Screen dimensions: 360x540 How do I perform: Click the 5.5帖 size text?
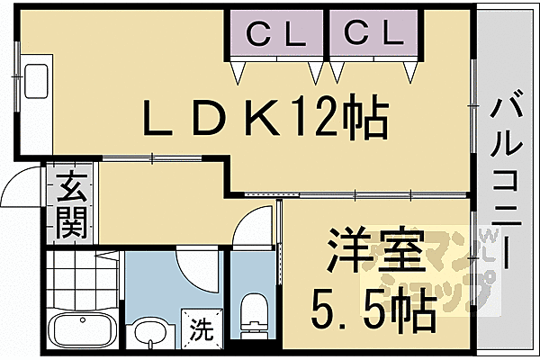tap(373, 310)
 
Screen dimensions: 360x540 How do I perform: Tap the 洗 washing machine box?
tap(201, 329)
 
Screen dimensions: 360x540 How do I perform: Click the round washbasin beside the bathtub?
tap(149, 334)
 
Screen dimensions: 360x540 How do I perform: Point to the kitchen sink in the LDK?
tap(37, 83)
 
